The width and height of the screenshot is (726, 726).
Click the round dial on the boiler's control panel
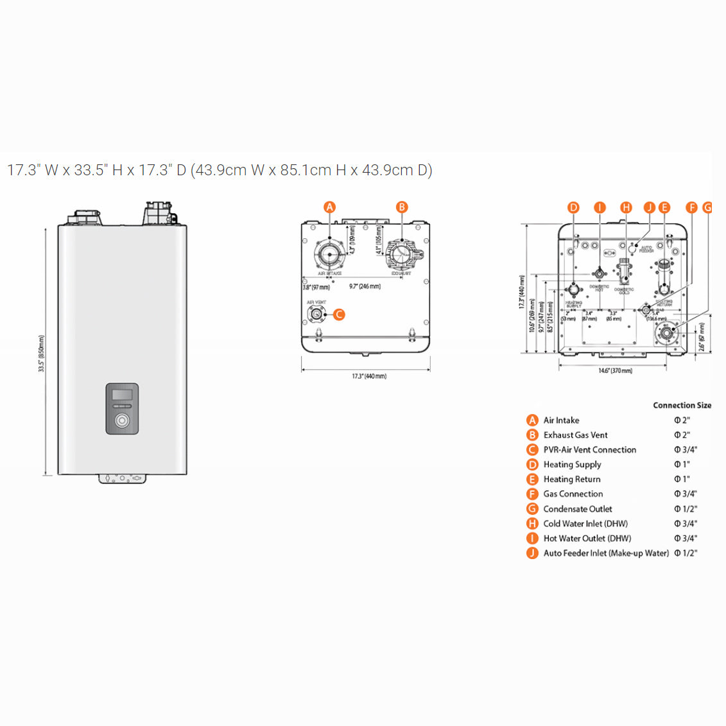[x=122, y=421]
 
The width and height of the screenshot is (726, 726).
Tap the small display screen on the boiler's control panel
[x=122, y=395]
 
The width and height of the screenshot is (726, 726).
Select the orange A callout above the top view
[x=329, y=207]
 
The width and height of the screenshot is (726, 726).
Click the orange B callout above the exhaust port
[x=402, y=207]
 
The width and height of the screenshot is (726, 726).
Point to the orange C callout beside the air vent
[x=339, y=315]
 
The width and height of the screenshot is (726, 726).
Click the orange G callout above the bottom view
[x=707, y=207]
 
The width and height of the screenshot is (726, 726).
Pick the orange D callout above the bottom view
[x=573, y=207]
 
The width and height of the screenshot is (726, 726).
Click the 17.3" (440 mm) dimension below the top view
[x=368, y=376]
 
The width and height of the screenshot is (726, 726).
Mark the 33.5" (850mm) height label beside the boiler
[x=41, y=353]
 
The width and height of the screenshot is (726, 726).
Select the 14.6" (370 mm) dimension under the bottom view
[x=615, y=371]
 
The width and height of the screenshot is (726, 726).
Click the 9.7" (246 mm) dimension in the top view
[x=365, y=286]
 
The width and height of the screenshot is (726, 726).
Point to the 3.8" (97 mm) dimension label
[x=316, y=287]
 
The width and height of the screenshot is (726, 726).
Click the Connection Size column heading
[x=682, y=405]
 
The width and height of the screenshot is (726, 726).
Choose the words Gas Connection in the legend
[x=573, y=494]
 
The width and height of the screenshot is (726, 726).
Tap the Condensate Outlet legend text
[x=577, y=509]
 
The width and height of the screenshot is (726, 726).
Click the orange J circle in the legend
[x=532, y=553]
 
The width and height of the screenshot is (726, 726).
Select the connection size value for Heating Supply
[x=682, y=464]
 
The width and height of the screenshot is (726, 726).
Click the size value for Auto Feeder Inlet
[x=685, y=553]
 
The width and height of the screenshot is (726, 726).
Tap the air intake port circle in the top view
[x=330, y=254]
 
